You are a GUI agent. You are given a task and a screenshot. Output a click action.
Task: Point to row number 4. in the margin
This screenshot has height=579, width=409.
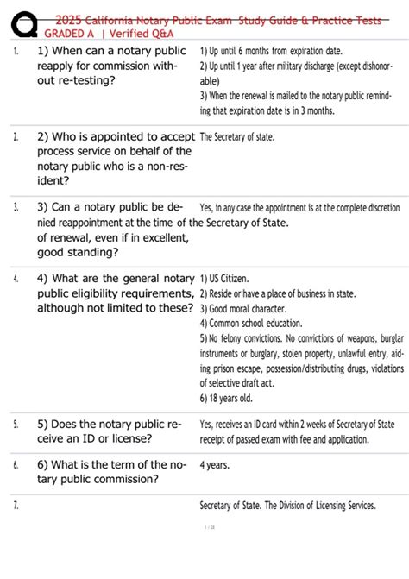click(x=16, y=279)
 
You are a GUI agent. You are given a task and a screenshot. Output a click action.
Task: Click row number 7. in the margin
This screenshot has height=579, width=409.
click(x=16, y=506)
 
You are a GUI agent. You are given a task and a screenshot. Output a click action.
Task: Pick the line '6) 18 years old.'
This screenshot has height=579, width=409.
click(x=226, y=399)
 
